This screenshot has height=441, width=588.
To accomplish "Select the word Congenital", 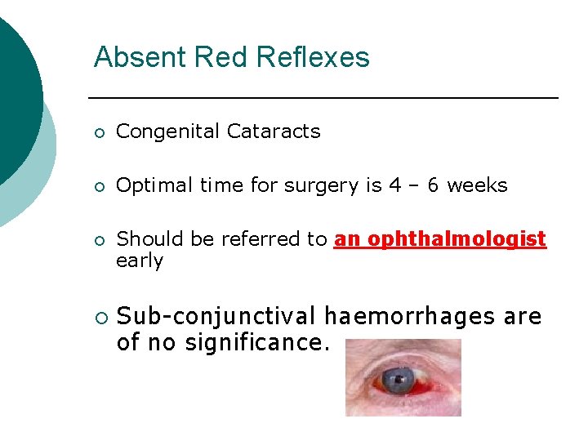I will coord(167,131).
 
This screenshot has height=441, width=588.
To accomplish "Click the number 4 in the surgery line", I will coord(394,185).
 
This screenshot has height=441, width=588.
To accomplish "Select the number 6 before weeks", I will coord(433,185).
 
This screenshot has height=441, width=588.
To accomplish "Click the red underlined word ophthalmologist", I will coord(457,239).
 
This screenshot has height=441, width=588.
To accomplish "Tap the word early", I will coord(140,261).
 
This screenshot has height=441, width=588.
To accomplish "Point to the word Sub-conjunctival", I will coord(216,316).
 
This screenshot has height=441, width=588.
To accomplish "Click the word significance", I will coord(256,343).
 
